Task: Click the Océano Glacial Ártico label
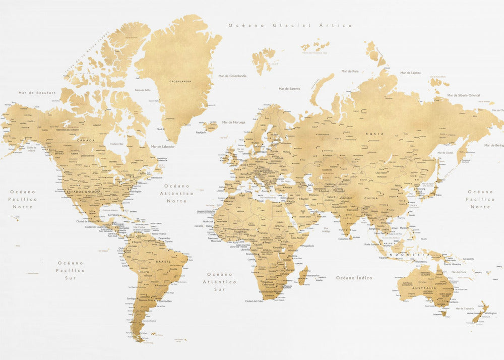290,25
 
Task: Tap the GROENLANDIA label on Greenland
180,81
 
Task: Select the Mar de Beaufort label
37,92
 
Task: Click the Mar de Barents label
289,89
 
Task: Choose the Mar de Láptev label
410,73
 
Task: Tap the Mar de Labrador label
163,146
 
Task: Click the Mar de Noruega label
233,122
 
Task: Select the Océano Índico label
354,278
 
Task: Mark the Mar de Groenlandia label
232,76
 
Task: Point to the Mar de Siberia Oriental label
463,95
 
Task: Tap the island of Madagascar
302,276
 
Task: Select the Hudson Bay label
116,144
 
